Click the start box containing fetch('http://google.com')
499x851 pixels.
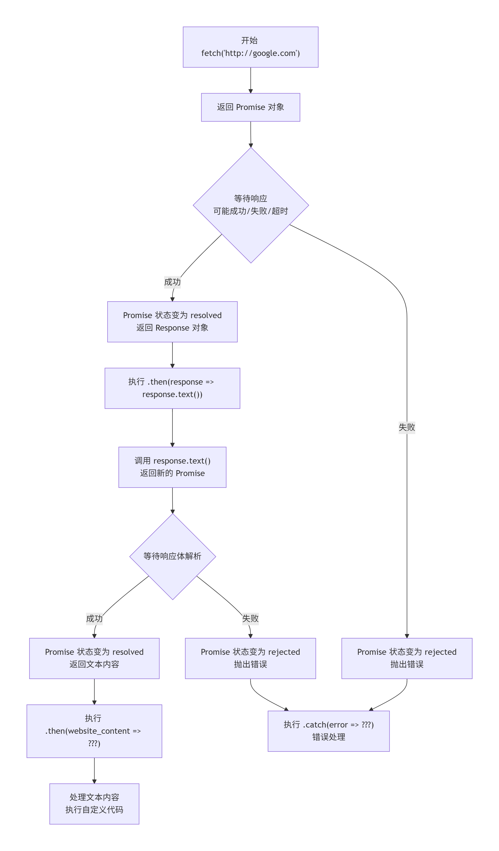[250, 47]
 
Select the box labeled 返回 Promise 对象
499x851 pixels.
[250, 107]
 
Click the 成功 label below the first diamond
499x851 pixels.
[172, 282]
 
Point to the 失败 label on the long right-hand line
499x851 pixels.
[407, 427]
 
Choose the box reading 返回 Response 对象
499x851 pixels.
[172, 321]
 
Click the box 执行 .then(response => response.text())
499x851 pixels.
[172, 388]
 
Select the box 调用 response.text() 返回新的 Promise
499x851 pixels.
[172, 467]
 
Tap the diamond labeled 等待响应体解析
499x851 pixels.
[172, 556]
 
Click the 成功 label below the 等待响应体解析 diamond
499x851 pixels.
[94, 618]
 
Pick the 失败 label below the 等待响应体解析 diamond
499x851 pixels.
[250, 618]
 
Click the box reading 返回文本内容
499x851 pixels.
[94, 658]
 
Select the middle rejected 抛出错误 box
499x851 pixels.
[250, 658]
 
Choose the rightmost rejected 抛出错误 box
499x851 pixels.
[407, 658]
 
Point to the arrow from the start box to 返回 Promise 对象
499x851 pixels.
[250, 80]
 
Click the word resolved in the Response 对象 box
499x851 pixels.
[206, 315]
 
